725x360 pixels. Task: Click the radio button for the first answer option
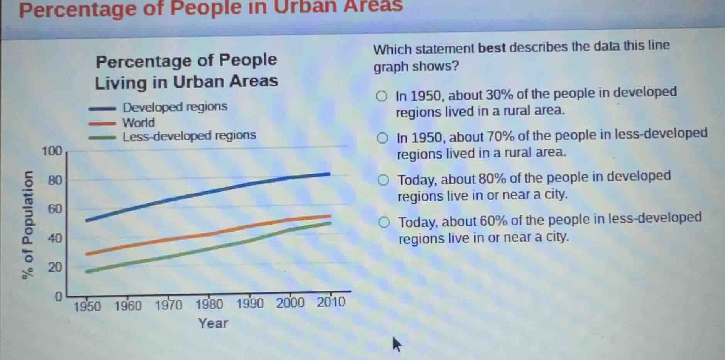pyautogui.click(x=381, y=96)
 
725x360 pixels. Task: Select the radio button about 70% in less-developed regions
pyautogui.click(x=382, y=138)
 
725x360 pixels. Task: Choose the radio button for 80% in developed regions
pyautogui.click(x=383, y=180)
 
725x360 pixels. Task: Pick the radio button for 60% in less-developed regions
pyautogui.click(x=384, y=222)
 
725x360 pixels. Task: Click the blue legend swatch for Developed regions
pyautogui.click(x=102, y=109)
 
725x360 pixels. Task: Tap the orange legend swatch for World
pyautogui.click(x=102, y=124)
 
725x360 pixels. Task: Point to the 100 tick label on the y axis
pyautogui.click(x=52, y=151)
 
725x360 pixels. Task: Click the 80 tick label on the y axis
pyautogui.click(x=55, y=180)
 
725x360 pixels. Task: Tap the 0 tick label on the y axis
pyautogui.click(x=58, y=297)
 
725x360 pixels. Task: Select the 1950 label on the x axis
pyautogui.click(x=87, y=306)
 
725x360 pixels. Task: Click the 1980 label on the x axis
pyautogui.click(x=209, y=304)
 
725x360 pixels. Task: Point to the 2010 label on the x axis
pyautogui.click(x=331, y=302)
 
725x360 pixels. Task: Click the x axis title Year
pyautogui.click(x=213, y=323)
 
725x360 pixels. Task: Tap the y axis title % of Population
pyautogui.click(x=28, y=225)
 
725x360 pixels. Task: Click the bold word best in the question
pyautogui.click(x=491, y=48)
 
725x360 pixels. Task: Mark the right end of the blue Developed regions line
pyautogui.click(x=329, y=174)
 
